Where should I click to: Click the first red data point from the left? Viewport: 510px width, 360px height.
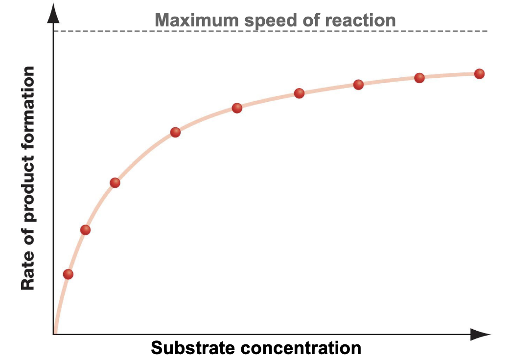pos(68,274)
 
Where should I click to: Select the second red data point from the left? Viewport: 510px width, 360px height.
pos(85,230)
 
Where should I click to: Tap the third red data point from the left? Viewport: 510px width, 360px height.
pos(115,183)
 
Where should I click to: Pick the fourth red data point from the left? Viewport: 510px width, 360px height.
pos(175,133)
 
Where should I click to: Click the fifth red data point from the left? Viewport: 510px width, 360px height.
pos(237,108)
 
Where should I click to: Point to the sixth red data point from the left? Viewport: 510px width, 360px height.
pos(300,93)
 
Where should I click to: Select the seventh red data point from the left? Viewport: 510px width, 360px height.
pos(358,85)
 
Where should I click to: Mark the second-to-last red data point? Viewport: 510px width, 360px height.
pos(419,78)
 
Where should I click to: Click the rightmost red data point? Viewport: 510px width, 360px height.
pos(479,74)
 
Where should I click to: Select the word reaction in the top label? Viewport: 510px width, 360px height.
pos(358,21)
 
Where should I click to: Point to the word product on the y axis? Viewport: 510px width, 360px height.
pos(28,191)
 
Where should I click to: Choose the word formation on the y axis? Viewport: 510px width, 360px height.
pos(28,102)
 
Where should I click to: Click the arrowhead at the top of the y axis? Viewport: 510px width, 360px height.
pos(53,15)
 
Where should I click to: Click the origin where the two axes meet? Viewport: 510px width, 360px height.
pos(53,335)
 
